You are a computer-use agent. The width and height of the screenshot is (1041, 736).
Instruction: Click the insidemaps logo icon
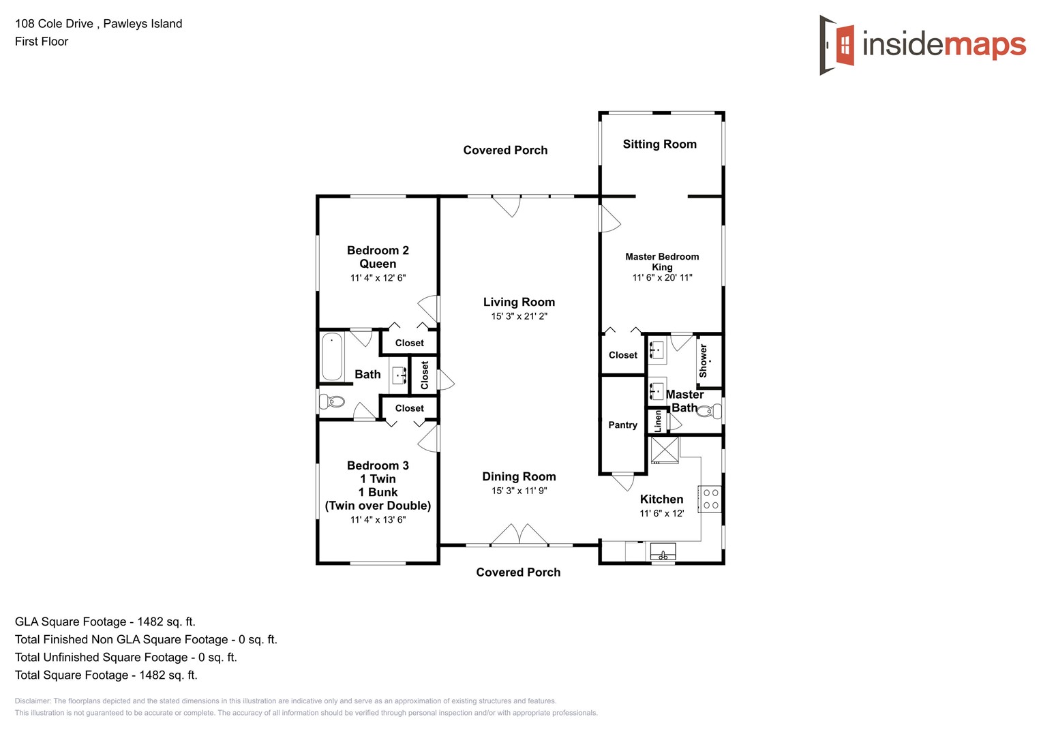[838, 45]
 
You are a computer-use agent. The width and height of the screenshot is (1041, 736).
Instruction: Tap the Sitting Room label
[659, 144]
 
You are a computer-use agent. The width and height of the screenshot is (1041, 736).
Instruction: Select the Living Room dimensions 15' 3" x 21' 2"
[519, 316]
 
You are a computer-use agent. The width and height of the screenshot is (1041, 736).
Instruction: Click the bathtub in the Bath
[332, 356]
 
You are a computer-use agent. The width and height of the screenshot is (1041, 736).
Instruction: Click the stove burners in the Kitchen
[710, 499]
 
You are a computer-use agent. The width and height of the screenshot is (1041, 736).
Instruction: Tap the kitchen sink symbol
[663, 551]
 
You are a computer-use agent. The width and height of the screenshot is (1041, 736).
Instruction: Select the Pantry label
[622, 425]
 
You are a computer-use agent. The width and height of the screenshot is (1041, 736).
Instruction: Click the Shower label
[703, 361]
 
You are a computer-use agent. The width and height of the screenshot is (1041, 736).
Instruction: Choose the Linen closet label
[658, 420]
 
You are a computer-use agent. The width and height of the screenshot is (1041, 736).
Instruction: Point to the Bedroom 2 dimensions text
[378, 278]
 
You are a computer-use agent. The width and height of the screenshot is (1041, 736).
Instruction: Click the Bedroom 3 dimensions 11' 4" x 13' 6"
[378, 519]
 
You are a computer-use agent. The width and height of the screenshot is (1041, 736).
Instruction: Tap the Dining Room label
[519, 476]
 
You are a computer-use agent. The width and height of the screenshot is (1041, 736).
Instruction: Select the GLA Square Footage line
[105, 622]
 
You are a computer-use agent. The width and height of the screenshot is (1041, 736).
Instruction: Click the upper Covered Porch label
[505, 150]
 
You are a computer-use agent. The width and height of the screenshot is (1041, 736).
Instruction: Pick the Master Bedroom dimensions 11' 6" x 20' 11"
[662, 277]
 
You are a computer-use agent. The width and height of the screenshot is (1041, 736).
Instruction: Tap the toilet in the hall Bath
[332, 401]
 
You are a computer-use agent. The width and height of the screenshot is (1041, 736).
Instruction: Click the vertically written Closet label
[425, 375]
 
